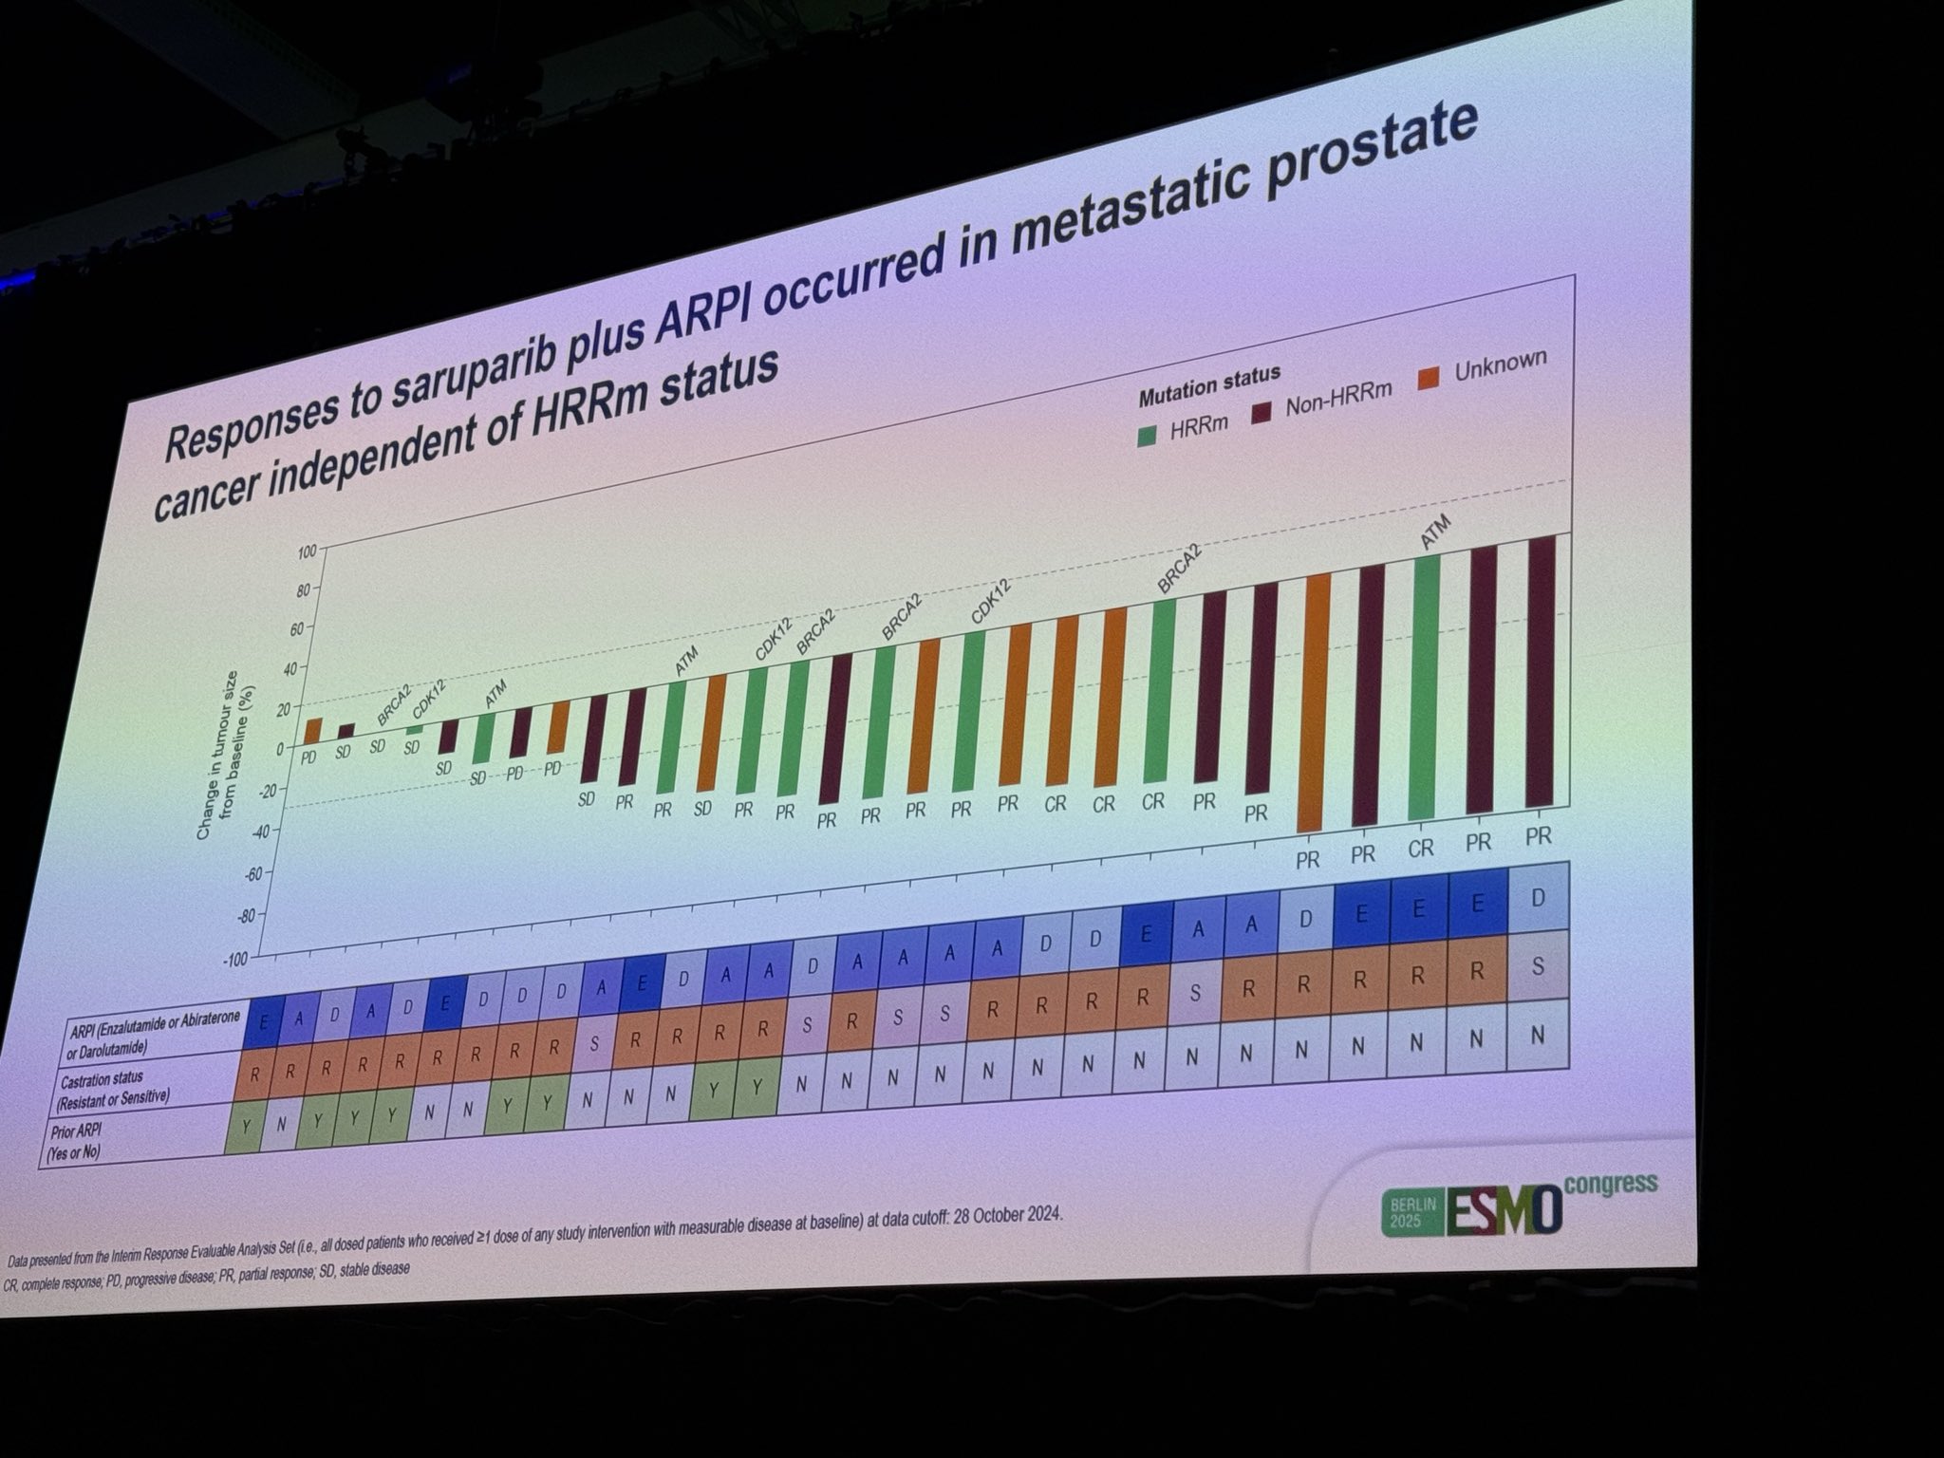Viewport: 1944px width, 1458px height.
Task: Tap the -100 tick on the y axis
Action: (x=234, y=960)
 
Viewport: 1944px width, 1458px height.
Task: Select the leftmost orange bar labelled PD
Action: (x=312, y=732)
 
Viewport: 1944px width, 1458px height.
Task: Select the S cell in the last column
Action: (x=1537, y=967)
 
